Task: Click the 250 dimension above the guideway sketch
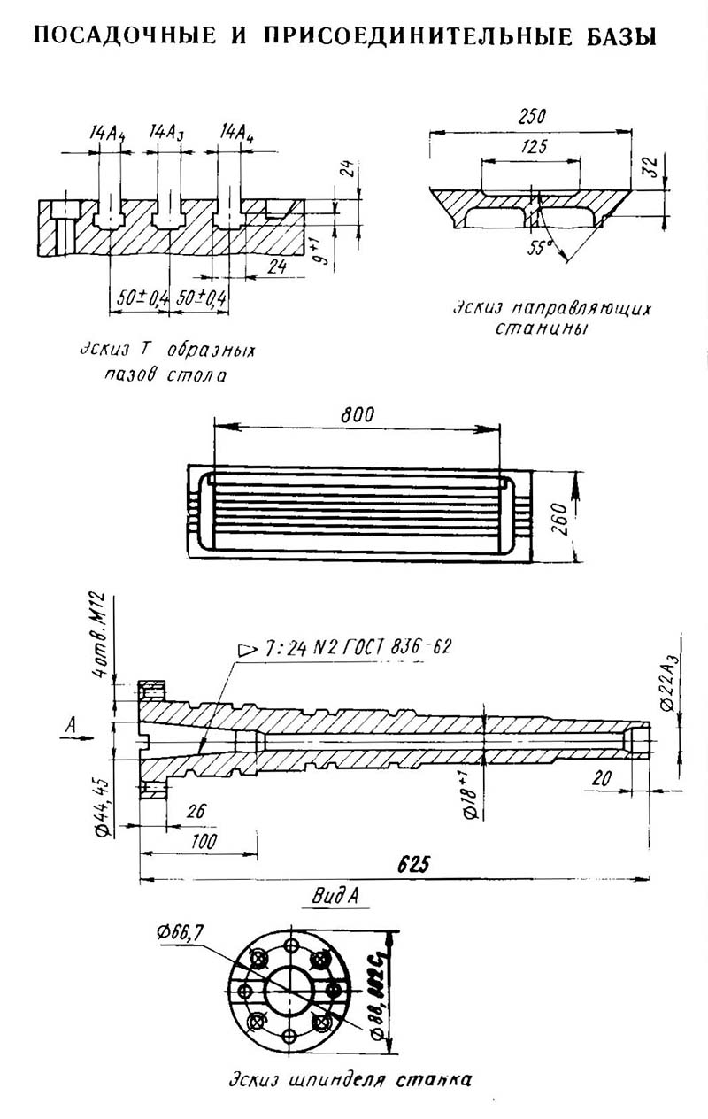pyautogui.click(x=531, y=118)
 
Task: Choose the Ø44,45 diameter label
pyautogui.click(x=103, y=801)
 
